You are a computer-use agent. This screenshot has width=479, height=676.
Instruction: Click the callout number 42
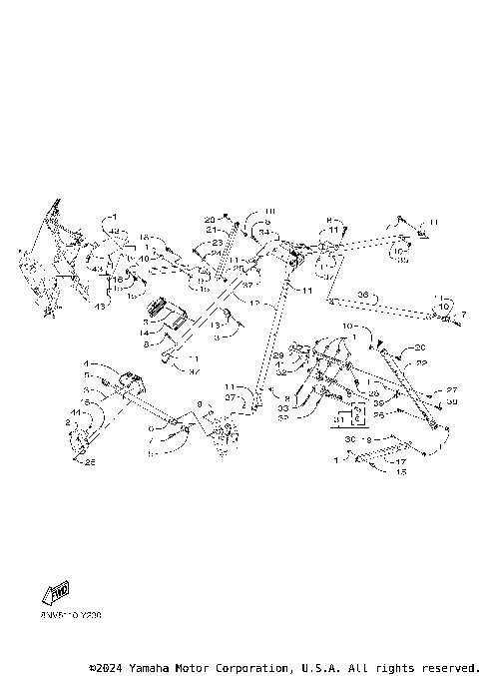point(115,231)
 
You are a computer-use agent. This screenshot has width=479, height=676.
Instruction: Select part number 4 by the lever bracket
point(87,363)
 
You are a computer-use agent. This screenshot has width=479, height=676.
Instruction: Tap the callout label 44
point(76,412)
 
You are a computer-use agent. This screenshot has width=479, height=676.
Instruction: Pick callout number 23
point(218,243)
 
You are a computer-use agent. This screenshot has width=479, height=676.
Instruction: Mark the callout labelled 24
point(216,253)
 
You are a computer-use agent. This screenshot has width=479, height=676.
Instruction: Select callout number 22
point(421,363)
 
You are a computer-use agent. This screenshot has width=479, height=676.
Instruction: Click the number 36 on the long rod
point(363,295)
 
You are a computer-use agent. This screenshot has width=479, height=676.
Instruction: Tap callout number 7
point(462,316)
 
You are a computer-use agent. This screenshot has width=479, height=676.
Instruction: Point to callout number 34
point(263,232)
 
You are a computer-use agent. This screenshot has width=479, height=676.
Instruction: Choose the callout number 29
point(279,355)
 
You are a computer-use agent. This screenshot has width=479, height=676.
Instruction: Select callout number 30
point(349,439)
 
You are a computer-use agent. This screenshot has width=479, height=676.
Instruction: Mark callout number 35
point(402,262)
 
